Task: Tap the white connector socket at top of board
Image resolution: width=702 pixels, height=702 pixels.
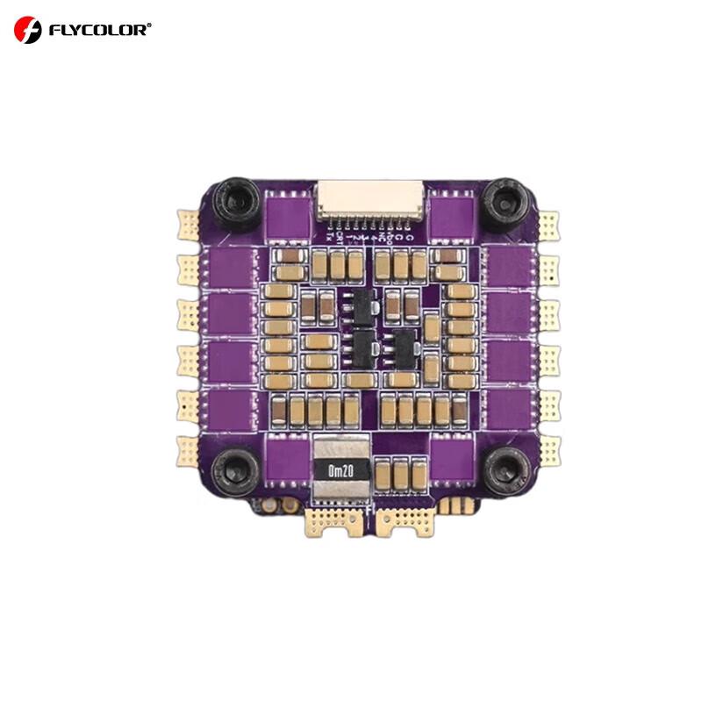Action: point(369,201)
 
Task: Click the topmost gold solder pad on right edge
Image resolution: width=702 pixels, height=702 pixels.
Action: point(549,223)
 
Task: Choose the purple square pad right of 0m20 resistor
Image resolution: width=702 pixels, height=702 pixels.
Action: point(448,458)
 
